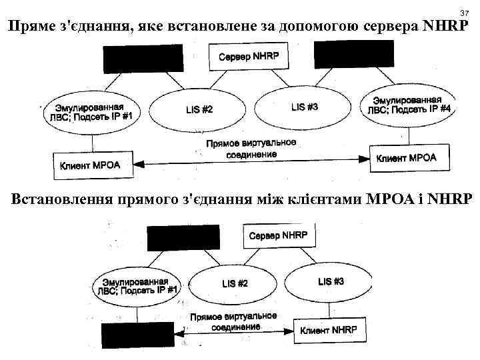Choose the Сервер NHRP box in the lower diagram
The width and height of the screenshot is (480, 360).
[x=279, y=235]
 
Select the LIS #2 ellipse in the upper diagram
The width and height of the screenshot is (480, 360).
[x=196, y=108]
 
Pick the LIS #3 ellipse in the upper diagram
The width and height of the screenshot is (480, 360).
[x=304, y=107]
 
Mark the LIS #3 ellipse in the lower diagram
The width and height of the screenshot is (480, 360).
[x=331, y=281]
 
